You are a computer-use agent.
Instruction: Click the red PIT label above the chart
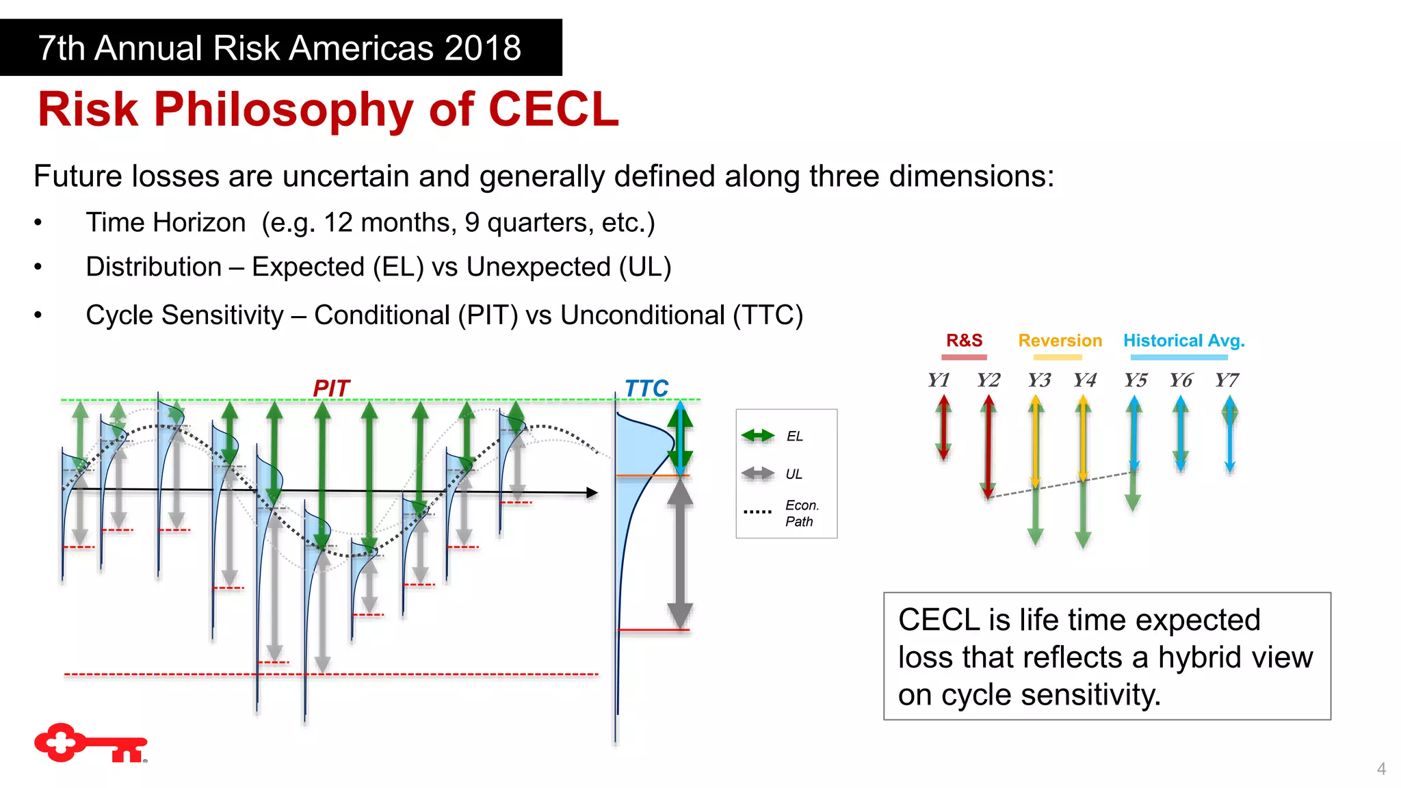331,388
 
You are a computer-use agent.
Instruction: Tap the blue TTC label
646,388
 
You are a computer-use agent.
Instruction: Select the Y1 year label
939,380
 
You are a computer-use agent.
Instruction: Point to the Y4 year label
1084,380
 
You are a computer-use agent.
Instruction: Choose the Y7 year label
1227,380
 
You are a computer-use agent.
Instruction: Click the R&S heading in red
964,341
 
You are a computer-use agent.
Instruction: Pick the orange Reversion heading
1060,341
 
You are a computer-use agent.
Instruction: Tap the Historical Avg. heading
1183,341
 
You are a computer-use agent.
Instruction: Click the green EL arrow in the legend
758,436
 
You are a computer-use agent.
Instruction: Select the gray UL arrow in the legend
758,473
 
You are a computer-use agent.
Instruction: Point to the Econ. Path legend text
801,513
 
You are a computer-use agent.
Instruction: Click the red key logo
90,743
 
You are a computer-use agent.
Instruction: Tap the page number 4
1381,769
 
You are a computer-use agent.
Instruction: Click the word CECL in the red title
553,109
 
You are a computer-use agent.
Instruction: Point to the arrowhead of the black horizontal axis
592,492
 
